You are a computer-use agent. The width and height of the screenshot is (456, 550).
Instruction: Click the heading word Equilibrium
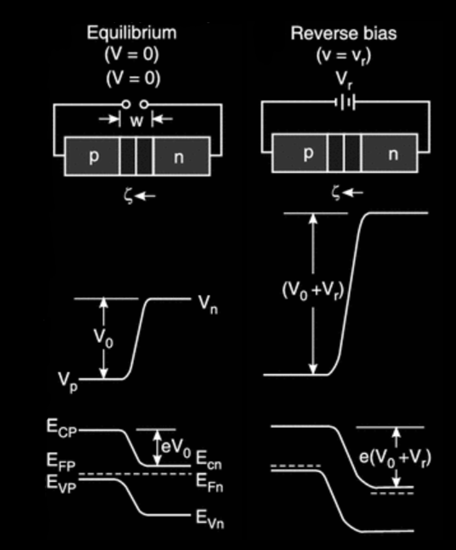[x=131, y=33]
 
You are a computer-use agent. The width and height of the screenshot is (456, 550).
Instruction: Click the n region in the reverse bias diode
[x=393, y=155]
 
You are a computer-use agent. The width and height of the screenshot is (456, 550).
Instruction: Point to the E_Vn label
[x=209, y=519]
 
